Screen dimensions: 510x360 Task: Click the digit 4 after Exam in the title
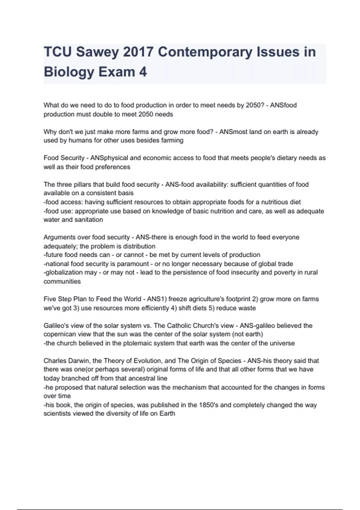click(x=143, y=72)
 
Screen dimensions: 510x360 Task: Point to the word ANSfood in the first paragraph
click(x=283, y=105)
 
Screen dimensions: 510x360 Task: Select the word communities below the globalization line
click(x=62, y=281)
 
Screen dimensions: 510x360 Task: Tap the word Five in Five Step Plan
click(x=50, y=299)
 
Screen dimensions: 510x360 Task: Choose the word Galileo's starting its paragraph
click(x=56, y=325)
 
